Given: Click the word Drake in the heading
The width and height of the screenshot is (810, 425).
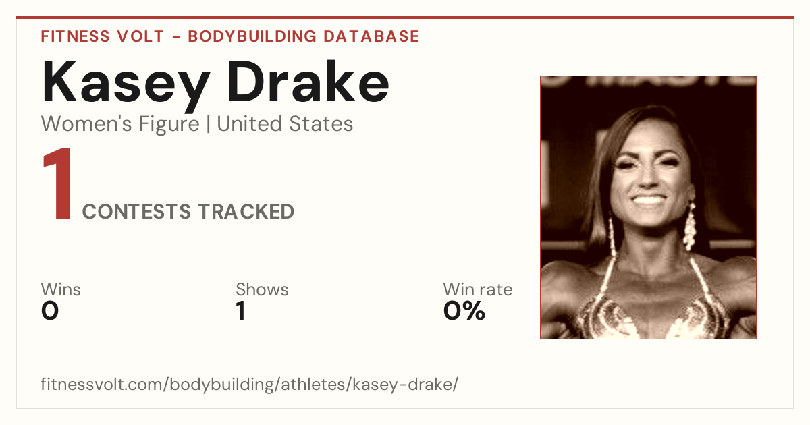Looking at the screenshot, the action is [308, 82].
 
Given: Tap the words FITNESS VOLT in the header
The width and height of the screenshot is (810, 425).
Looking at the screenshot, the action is [103, 36].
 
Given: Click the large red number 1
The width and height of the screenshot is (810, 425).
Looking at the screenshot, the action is [58, 183].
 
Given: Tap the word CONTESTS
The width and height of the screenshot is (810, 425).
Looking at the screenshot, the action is [136, 212].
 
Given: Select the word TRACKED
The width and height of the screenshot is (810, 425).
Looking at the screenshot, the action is [246, 212].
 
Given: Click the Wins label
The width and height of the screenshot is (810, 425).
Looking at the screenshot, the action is [61, 289].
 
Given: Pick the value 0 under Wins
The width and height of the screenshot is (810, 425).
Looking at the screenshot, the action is [50, 311].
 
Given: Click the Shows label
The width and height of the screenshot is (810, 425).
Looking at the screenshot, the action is [262, 289].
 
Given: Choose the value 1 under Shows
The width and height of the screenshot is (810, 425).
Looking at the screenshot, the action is [241, 311].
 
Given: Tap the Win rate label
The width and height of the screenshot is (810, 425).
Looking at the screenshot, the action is [478, 289].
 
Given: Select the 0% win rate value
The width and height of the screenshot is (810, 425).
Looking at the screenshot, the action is [464, 311].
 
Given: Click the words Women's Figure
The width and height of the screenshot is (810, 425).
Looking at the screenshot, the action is [120, 124].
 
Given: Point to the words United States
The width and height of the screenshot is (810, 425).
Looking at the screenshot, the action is [285, 124].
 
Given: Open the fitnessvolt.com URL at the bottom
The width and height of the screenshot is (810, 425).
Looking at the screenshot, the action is [250, 384].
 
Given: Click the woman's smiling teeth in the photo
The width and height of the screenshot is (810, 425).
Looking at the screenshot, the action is [648, 200].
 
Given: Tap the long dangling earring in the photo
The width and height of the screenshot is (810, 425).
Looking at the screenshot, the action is [689, 227].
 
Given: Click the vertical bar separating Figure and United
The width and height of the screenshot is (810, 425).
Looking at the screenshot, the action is [209, 124].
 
